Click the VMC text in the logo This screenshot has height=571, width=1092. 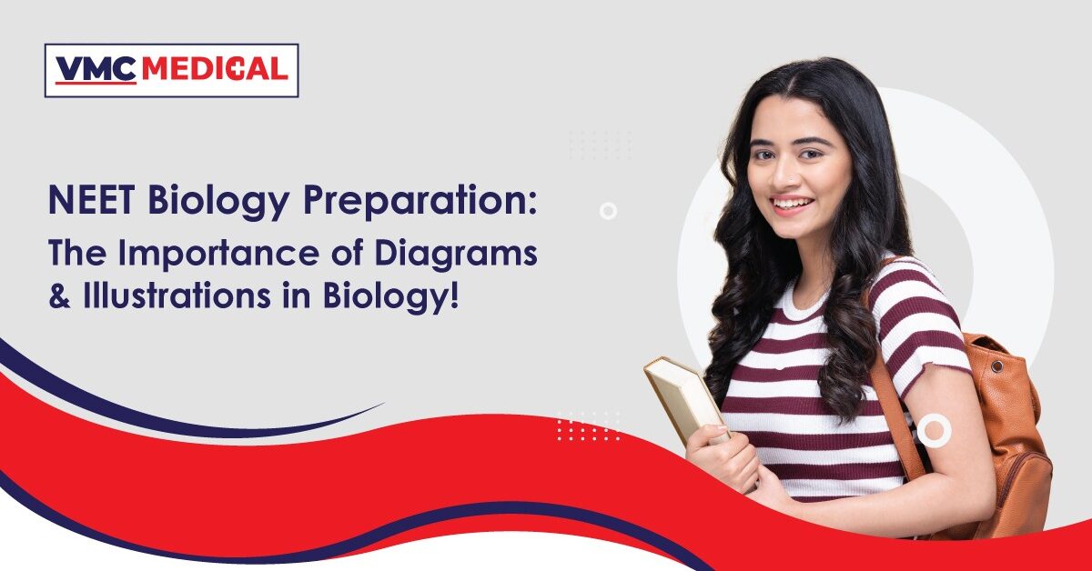coord(96,69)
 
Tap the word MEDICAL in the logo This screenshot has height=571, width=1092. coord(215,69)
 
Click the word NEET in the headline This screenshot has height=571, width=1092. coord(91,200)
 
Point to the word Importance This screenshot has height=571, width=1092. coord(221,255)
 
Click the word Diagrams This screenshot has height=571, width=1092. coord(456,255)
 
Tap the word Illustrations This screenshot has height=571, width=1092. coord(177,296)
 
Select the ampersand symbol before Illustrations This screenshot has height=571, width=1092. coord(59,296)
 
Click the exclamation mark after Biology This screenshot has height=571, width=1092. coord(455,296)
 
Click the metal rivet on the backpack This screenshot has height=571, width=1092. coord(997,366)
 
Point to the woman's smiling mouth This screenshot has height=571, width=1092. coord(794,205)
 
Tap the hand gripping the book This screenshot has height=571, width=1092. coord(723,458)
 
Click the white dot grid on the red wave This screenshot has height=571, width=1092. coord(589,426)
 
